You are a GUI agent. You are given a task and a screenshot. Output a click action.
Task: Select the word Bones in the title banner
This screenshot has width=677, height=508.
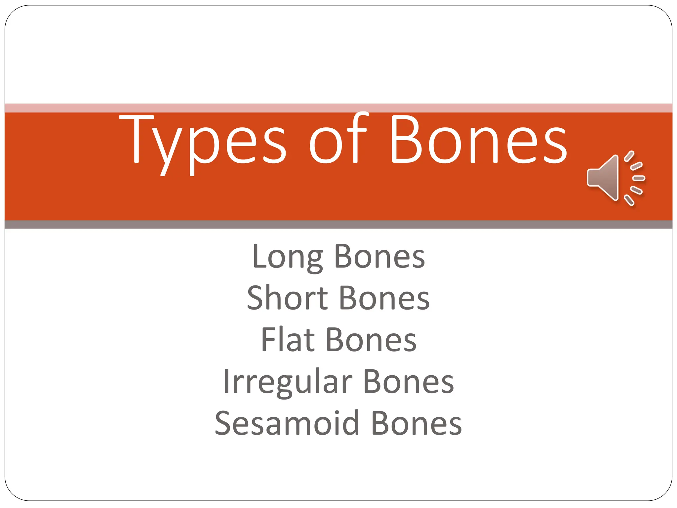(478, 141)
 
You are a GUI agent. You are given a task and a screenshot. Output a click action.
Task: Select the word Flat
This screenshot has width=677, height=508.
(288, 339)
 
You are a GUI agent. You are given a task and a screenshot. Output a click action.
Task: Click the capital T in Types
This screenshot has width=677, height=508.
(136, 139)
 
